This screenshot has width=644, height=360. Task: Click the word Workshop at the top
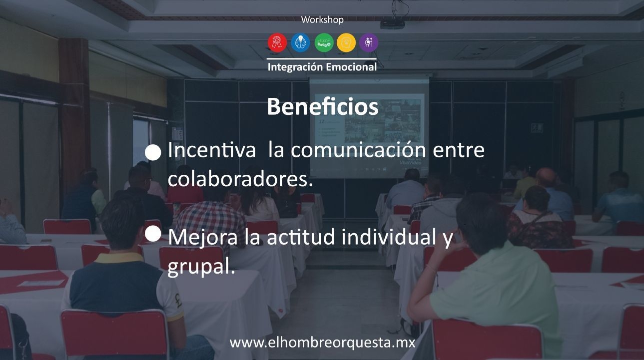coord(322,20)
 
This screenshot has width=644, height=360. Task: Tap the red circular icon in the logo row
coord(277,42)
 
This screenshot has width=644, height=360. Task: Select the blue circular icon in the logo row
coord(300,42)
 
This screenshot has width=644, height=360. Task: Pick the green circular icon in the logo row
coord(324,42)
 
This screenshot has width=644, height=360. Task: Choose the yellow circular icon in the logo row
coord(346,42)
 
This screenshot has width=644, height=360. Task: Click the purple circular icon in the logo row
coord(369,42)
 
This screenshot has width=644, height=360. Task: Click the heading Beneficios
coord(322,106)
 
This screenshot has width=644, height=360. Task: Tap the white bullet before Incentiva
coord(154,152)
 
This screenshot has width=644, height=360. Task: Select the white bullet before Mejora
coord(154,233)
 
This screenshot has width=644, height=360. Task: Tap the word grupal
coord(200,268)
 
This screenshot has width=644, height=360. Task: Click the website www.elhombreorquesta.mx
coord(322,343)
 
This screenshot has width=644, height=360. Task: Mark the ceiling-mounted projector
coord(392,23)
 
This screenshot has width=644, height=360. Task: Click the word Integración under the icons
coord(295,67)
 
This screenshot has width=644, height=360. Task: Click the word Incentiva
coord(212,150)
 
